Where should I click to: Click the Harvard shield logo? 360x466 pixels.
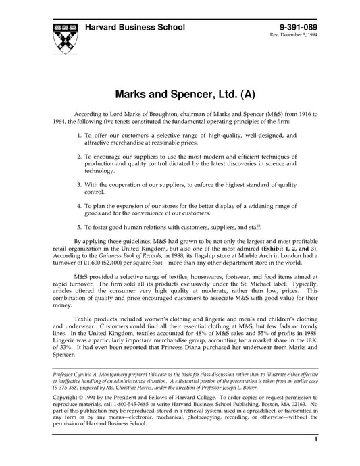pos(63,36)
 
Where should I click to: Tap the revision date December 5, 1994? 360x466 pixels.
pos(294,35)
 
